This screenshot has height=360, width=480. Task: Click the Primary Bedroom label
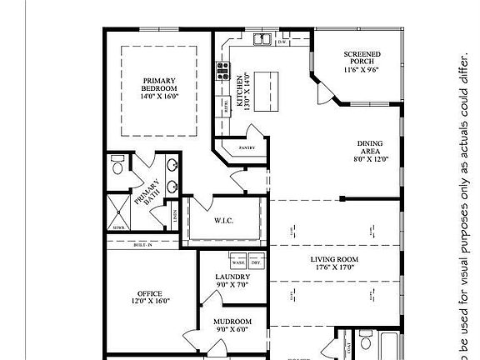click(159, 84)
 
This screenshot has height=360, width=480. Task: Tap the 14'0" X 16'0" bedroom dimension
click(159, 97)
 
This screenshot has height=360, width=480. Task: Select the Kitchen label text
click(240, 91)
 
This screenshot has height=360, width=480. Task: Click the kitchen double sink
click(262, 39)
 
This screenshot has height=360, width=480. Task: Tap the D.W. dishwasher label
click(282, 42)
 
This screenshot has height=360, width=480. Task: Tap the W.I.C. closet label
click(223, 222)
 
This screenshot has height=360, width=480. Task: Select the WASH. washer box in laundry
click(237, 261)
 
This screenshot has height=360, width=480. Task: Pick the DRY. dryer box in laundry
click(256, 261)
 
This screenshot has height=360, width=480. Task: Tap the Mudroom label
click(232, 321)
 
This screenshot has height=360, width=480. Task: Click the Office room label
click(150, 293)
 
